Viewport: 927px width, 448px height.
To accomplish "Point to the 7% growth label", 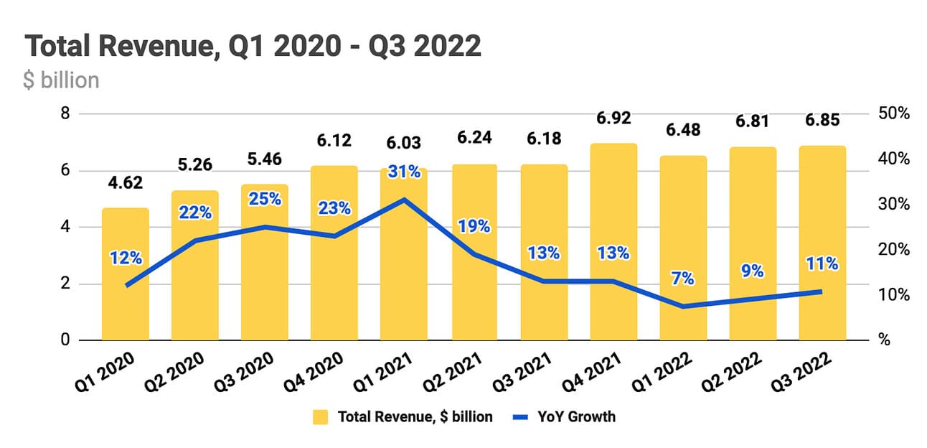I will (683, 279).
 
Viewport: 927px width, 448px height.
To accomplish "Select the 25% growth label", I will (265, 199).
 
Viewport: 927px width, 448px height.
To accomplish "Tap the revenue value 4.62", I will (125, 183).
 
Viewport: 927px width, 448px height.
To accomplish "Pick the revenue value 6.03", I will (404, 142).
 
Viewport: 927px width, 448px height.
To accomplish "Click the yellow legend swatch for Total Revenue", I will (321, 416).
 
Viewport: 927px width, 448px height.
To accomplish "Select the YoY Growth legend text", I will (577, 416).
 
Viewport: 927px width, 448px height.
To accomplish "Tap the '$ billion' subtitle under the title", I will (61, 80).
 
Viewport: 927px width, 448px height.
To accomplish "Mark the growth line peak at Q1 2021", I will (404, 199).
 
